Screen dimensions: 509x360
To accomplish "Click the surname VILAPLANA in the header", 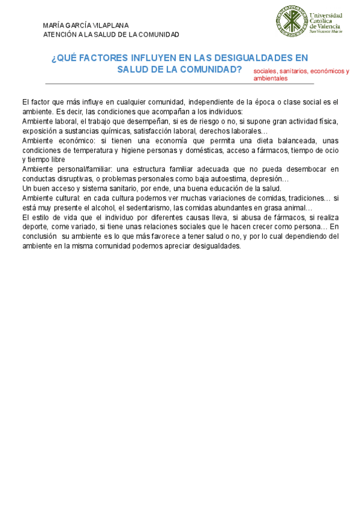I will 111,25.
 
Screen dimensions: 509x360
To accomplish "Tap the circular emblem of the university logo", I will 290,22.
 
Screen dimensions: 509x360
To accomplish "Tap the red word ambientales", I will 271,78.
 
